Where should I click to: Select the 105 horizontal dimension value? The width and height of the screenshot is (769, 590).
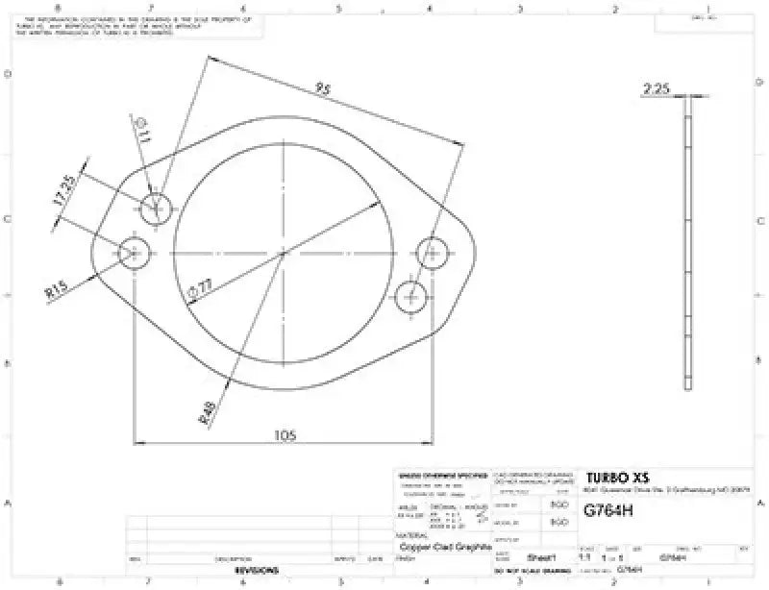284,434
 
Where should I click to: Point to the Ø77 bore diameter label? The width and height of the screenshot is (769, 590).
204,287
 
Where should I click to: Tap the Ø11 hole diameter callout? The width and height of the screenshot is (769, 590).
141,134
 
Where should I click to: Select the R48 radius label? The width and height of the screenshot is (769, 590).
207,412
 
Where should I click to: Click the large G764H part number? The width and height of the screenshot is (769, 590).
608,511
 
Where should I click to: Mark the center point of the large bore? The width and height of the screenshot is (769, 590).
284,253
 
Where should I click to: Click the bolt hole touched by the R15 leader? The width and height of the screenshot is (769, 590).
134,254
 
